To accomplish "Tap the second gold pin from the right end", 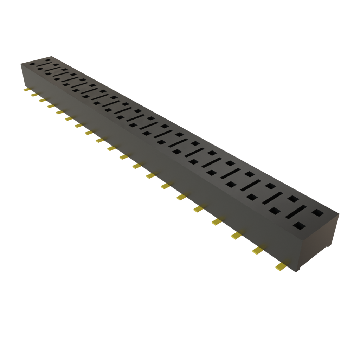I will (x=257, y=250).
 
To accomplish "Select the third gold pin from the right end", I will (x=236, y=235).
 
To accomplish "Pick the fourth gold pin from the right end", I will (x=217, y=221).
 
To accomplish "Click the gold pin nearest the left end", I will (x=26, y=90).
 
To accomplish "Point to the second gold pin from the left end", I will (x=34, y=95).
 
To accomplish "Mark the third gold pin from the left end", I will (x=42, y=101).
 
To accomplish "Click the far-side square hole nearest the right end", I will (x=317, y=212).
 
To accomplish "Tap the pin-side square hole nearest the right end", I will (x=299, y=225).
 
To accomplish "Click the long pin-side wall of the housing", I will (x=158, y=165).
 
